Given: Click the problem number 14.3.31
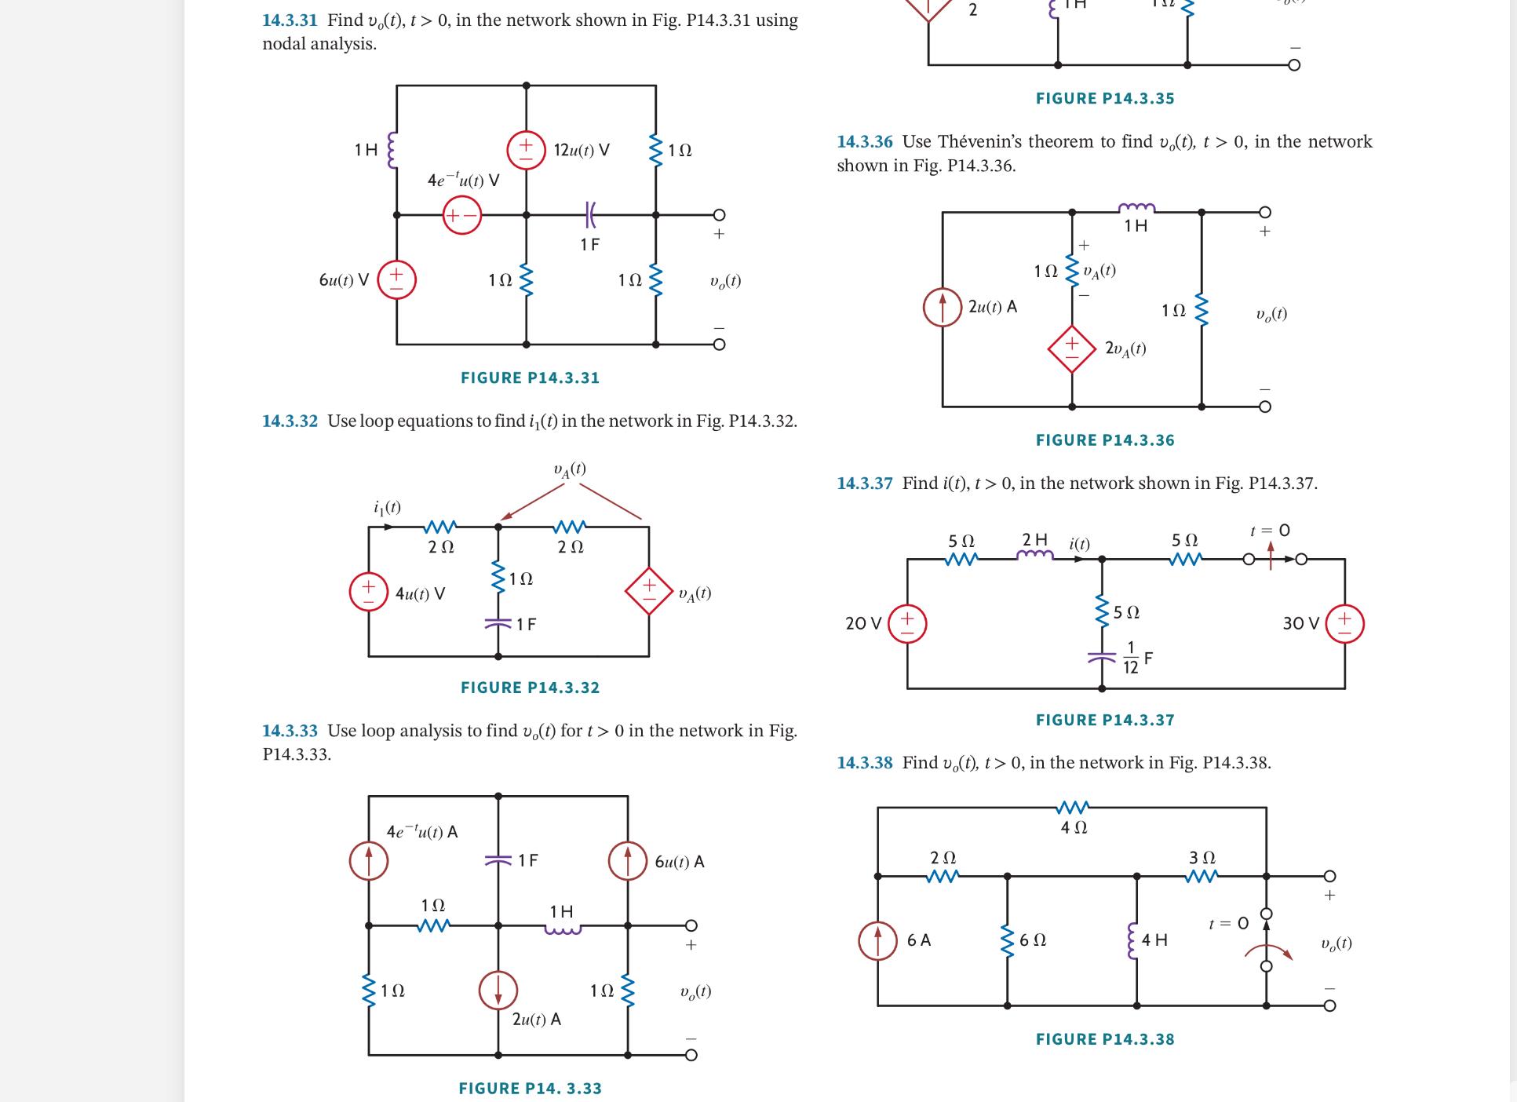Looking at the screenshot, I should tap(290, 20).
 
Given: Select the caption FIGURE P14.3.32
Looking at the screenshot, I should tap(530, 688).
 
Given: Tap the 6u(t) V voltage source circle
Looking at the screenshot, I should tap(397, 280).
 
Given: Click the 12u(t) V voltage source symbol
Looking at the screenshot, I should tap(526, 150).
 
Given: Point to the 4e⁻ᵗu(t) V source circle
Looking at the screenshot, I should tap(462, 214).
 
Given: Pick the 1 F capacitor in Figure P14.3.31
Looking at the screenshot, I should tap(590, 213).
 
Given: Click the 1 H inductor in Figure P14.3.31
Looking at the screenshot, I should tap(393, 149).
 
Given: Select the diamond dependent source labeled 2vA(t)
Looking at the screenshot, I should tap(1072, 348).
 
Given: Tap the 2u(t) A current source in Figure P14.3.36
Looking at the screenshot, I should tap(943, 308).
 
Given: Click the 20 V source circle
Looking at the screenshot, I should tap(908, 624).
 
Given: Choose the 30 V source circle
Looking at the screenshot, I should tap(1345, 624).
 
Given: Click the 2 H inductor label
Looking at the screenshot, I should tap(1034, 540).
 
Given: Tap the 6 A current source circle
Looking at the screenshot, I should tap(877, 940).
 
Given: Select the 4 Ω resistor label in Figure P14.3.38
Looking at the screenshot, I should tap(1074, 827).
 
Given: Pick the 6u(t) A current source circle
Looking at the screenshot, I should tap(628, 861).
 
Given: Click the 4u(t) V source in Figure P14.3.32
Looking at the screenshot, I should tap(369, 593).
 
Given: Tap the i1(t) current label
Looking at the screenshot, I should tap(387, 508).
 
